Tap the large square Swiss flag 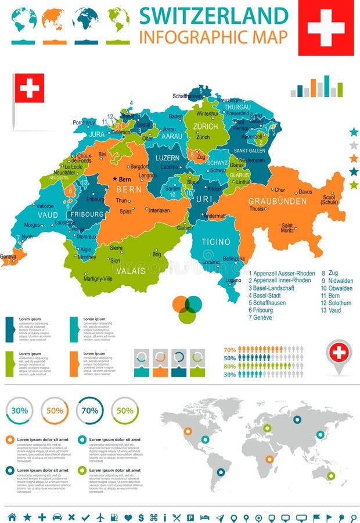326,27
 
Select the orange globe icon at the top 52,19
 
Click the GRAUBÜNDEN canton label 278,201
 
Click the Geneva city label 8,256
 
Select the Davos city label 305,192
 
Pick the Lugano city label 233,280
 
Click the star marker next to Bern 115,179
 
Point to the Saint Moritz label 287,228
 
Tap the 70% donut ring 89,410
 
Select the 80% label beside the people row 229,366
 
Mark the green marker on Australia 330,475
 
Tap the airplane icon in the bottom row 101,517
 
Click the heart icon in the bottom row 128,517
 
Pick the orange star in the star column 354,158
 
